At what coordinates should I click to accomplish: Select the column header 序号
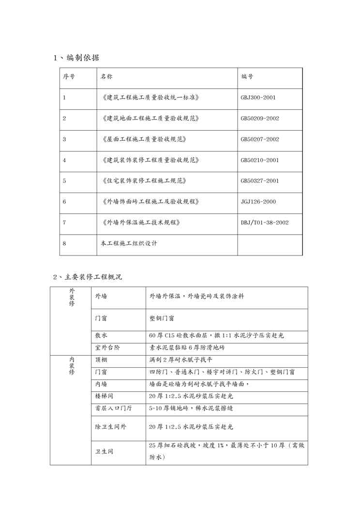point(69,77)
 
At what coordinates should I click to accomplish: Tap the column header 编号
point(247,77)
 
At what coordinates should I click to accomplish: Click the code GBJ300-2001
point(258,98)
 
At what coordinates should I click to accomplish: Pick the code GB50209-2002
point(259,119)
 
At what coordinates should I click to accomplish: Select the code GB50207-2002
point(259,139)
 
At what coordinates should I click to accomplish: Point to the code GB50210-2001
point(259,160)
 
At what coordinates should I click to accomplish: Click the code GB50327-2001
point(259,181)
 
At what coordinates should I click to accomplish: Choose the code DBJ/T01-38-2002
point(265,223)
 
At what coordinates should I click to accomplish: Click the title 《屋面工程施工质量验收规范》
point(144,139)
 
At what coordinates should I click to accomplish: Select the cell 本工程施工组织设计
point(129,243)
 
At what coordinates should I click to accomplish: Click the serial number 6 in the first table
point(64,202)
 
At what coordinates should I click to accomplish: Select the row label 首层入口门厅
point(113,408)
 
